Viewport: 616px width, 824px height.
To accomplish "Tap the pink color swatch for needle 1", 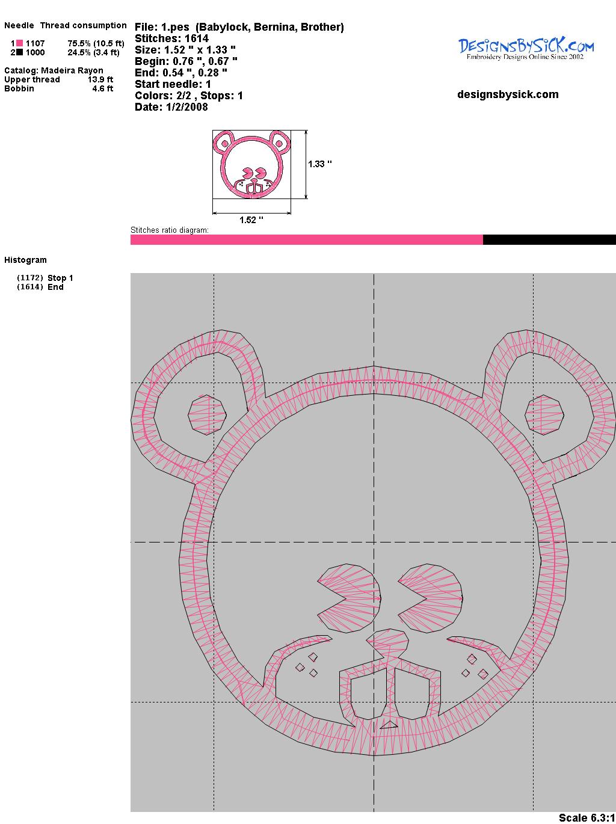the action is tap(19, 43).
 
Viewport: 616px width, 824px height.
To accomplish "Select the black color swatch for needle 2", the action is tap(19, 52).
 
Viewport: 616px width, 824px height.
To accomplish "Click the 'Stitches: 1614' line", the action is tap(171, 38).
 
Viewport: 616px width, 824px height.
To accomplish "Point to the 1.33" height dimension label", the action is tap(320, 164).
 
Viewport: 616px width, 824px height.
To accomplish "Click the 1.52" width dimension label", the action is tap(251, 220).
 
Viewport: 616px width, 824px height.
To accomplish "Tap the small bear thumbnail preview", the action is tap(251, 164).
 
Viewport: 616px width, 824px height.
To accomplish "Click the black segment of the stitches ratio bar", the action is tap(549, 239).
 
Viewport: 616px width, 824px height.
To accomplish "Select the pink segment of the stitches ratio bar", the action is tap(306, 239).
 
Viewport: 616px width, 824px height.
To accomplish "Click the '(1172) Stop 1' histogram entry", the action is tap(45, 278).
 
